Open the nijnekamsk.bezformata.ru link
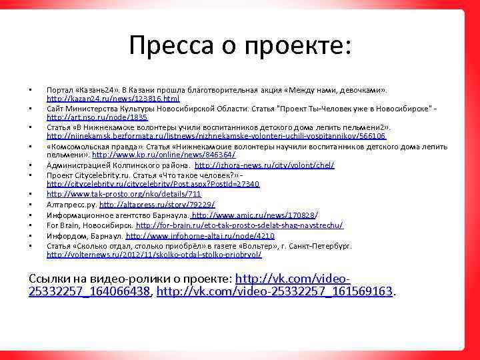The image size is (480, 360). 216,136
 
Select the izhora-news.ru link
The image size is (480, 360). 264,165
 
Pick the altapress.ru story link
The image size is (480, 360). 157,205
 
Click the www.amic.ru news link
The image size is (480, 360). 253,215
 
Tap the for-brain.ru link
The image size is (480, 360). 239,225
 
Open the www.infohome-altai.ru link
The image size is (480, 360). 199,235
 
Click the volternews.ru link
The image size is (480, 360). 154,255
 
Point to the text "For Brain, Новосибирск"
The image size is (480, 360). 89,225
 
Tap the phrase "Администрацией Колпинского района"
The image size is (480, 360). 117,165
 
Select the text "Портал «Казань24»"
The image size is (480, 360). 79,89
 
